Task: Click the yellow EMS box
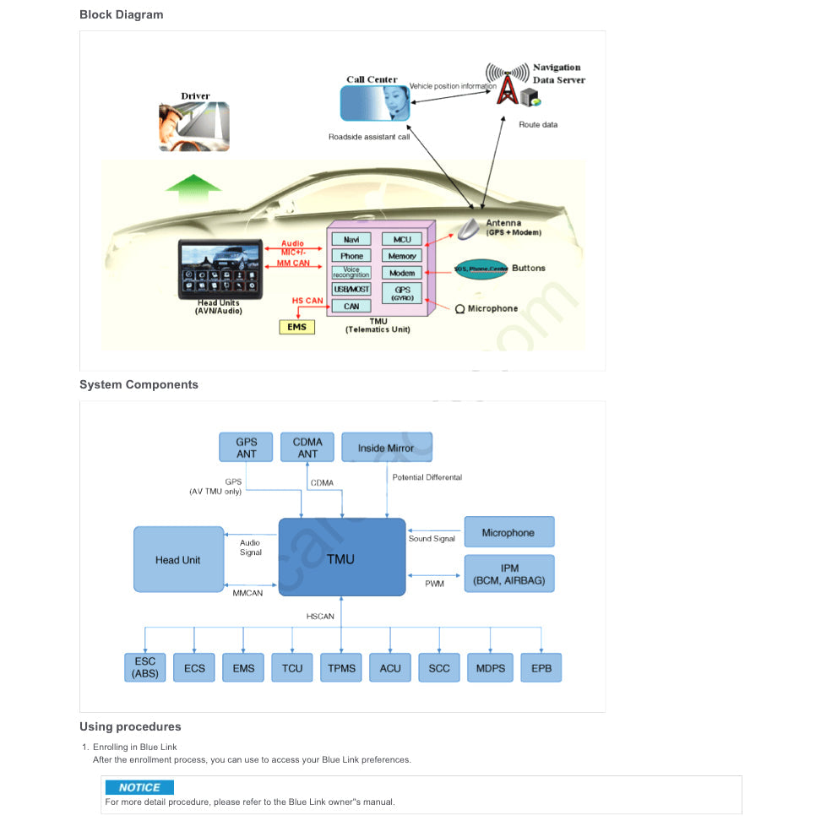(x=296, y=327)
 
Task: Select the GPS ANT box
(x=246, y=448)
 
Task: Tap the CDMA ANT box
(x=307, y=448)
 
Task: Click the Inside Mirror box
(x=386, y=448)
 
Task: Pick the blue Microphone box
(x=508, y=533)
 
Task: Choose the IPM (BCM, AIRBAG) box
(x=508, y=574)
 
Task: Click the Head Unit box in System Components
(x=178, y=560)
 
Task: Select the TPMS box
(x=341, y=668)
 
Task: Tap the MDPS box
(x=490, y=668)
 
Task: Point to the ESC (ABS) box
(x=144, y=668)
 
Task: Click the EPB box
(x=541, y=668)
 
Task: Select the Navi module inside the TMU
(x=351, y=240)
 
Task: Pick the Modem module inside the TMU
(x=402, y=273)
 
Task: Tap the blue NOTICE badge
(x=139, y=787)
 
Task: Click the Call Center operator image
(x=374, y=103)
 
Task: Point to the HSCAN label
(x=320, y=617)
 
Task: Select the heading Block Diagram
(x=122, y=14)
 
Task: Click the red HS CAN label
(x=307, y=301)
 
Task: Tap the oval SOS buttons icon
(x=481, y=269)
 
